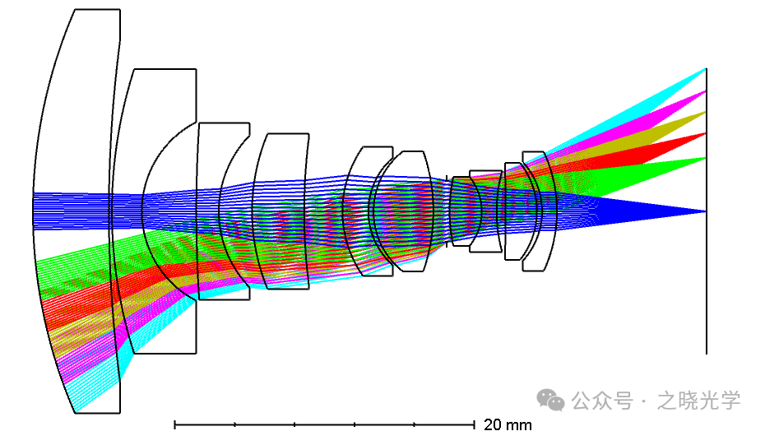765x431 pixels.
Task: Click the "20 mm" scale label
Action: pyautogui.click(x=508, y=424)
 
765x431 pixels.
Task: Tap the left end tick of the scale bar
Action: pyautogui.click(x=174, y=424)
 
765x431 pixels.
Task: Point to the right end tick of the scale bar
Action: pyautogui.click(x=474, y=424)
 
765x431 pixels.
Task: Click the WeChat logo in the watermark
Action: pyautogui.click(x=551, y=401)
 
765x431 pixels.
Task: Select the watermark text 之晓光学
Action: pyautogui.click(x=698, y=401)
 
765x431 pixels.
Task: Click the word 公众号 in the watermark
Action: pyautogui.click(x=602, y=401)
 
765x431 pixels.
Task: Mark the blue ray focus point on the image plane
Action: pyautogui.click(x=706, y=211)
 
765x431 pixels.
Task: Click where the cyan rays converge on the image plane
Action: pyautogui.click(x=706, y=69)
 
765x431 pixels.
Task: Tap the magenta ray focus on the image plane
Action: pyautogui.click(x=706, y=91)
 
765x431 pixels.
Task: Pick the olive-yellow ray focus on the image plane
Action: pyautogui.click(x=706, y=112)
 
